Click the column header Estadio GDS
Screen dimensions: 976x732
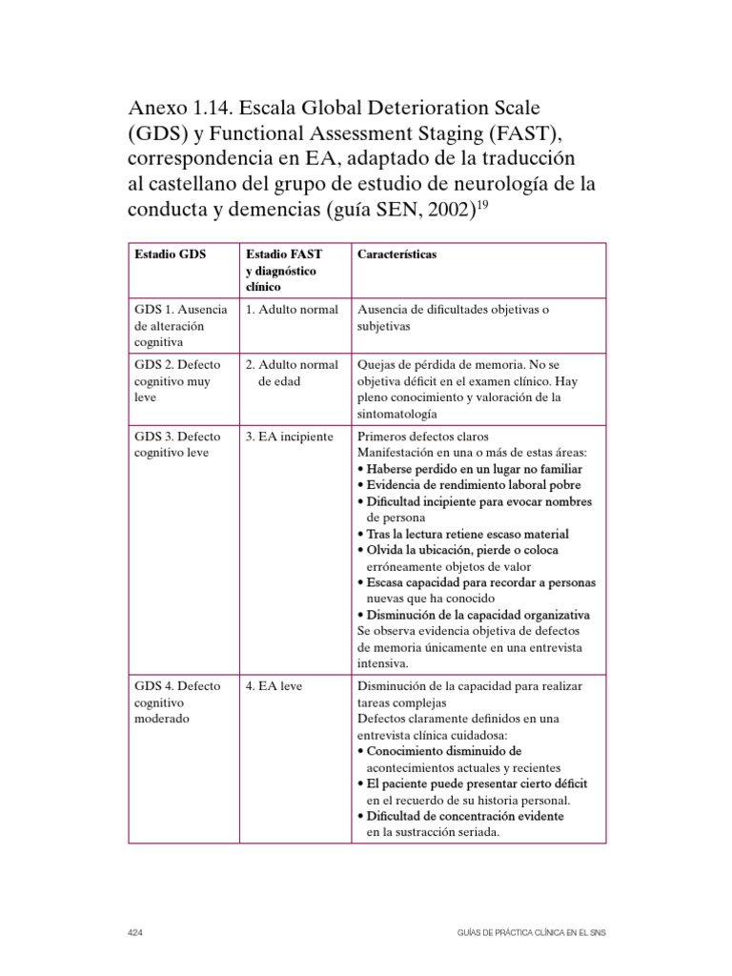[x=173, y=255]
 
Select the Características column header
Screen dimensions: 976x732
[x=397, y=255]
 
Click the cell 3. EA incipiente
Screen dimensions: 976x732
[x=290, y=437]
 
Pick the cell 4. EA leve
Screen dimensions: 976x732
[x=274, y=686]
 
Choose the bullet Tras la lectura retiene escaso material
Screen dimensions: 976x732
[x=462, y=535]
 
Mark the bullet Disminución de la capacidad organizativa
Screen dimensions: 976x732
[x=473, y=615]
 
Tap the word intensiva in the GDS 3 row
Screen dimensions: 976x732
[x=382, y=663]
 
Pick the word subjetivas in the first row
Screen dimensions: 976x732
[x=383, y=326]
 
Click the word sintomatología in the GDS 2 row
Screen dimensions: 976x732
[x=397, y=414]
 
